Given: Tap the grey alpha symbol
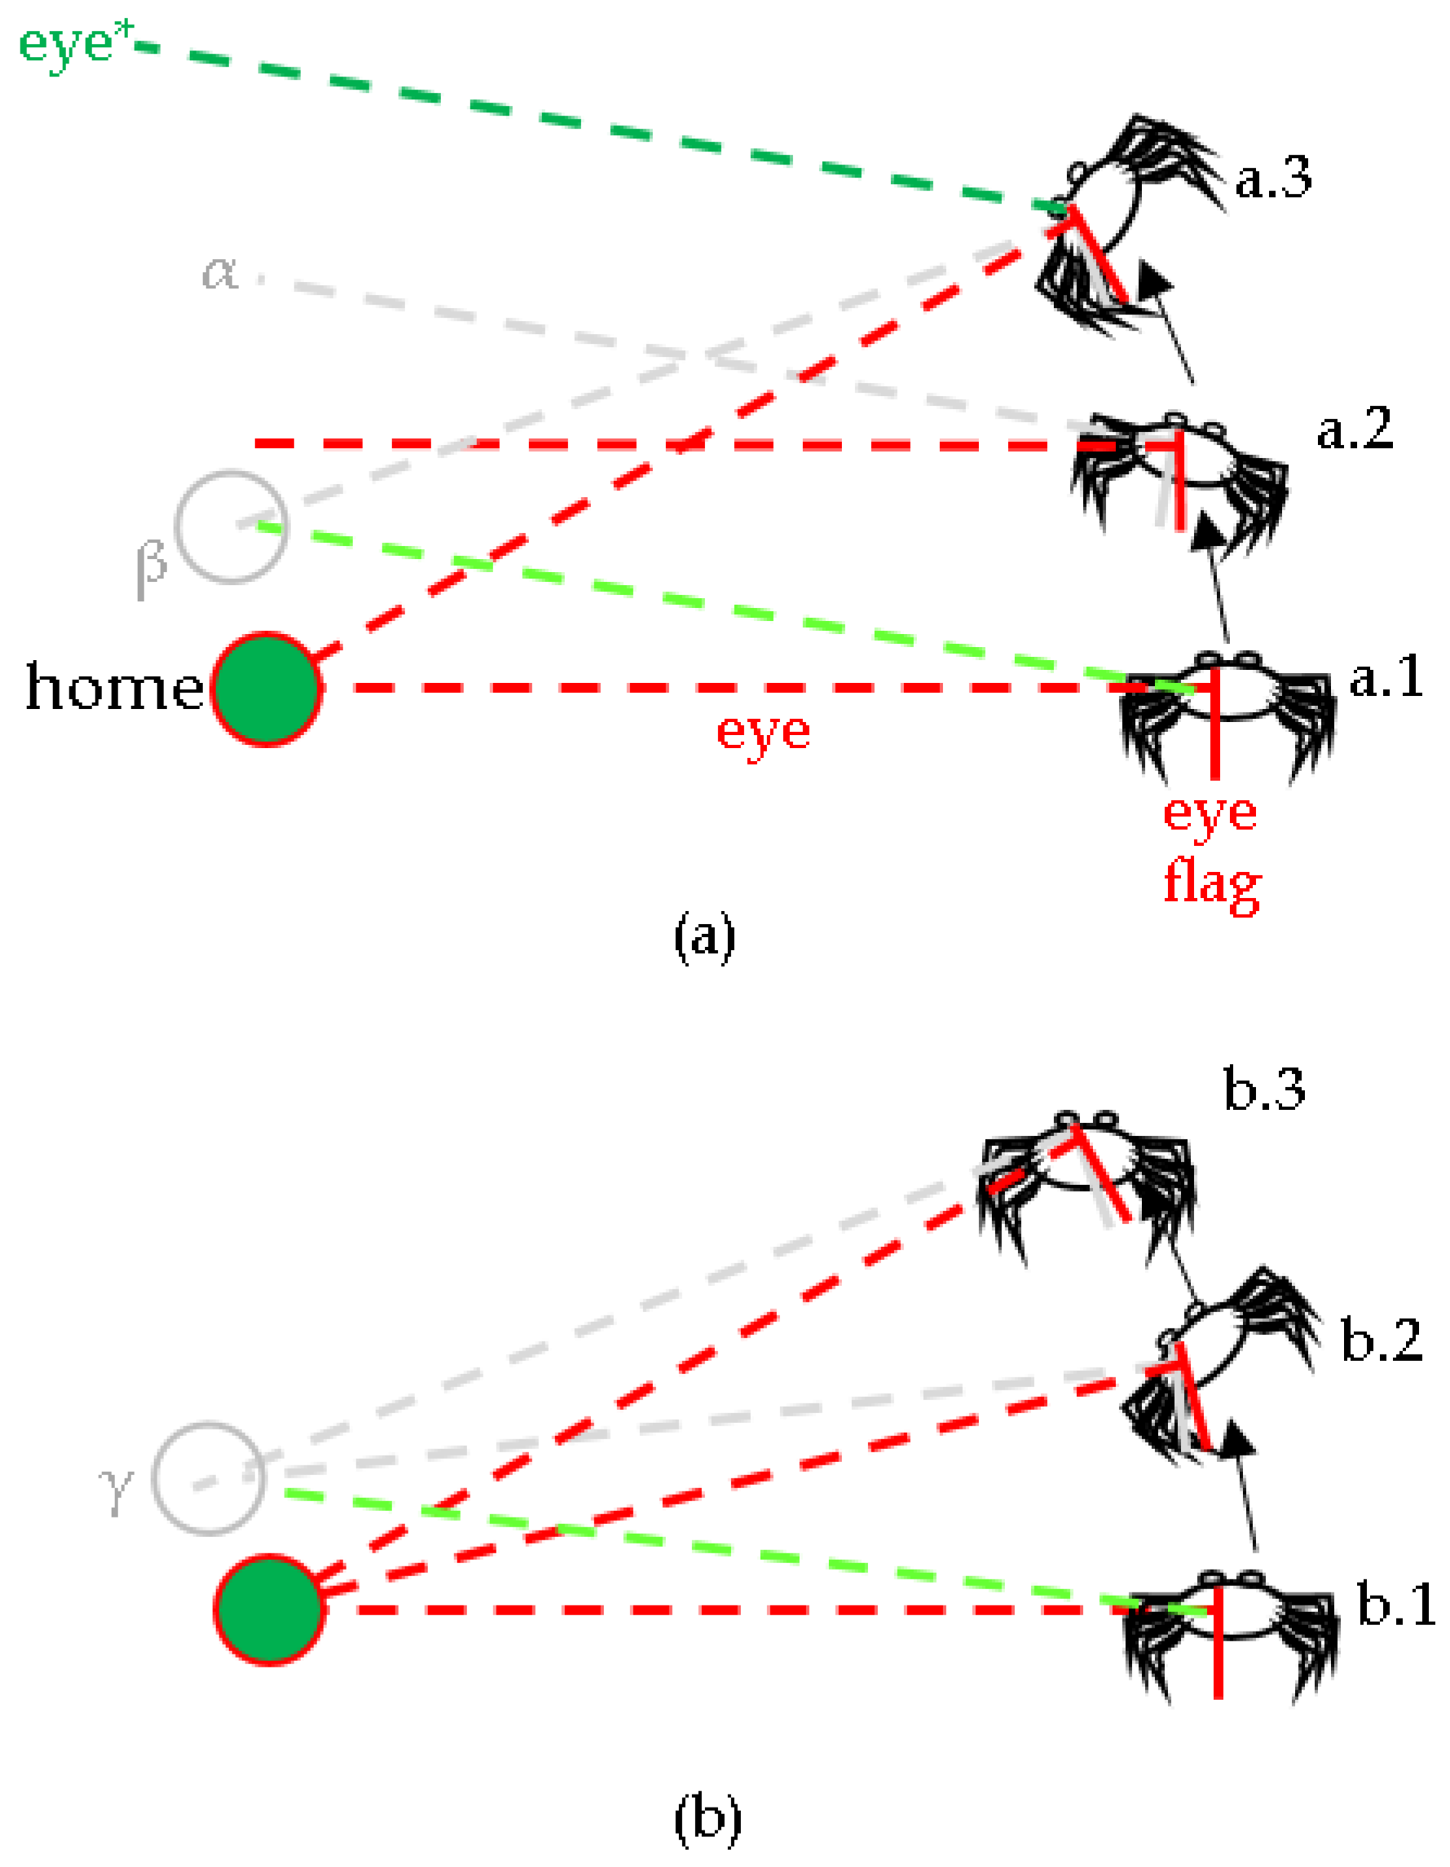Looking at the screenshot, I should coord(220,275).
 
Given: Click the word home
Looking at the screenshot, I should coord(115,686).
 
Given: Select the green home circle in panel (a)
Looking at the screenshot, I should coord(267,689).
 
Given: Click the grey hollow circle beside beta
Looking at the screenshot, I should coord(231,526).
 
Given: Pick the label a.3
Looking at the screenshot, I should coord(1273,178).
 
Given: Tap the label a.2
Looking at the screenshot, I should coord(1355,430).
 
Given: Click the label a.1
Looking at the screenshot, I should coord(1386,676).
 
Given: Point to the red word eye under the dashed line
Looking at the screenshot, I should coord(763,733).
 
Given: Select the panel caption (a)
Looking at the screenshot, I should coord(704,937).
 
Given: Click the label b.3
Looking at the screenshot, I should coord(1264,1090).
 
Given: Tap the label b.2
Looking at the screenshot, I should coord(1381,1341).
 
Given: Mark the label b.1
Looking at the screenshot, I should coord(1396,1604).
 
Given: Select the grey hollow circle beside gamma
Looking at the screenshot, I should coord(209,1479).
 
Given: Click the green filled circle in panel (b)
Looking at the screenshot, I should coord(268,1610).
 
